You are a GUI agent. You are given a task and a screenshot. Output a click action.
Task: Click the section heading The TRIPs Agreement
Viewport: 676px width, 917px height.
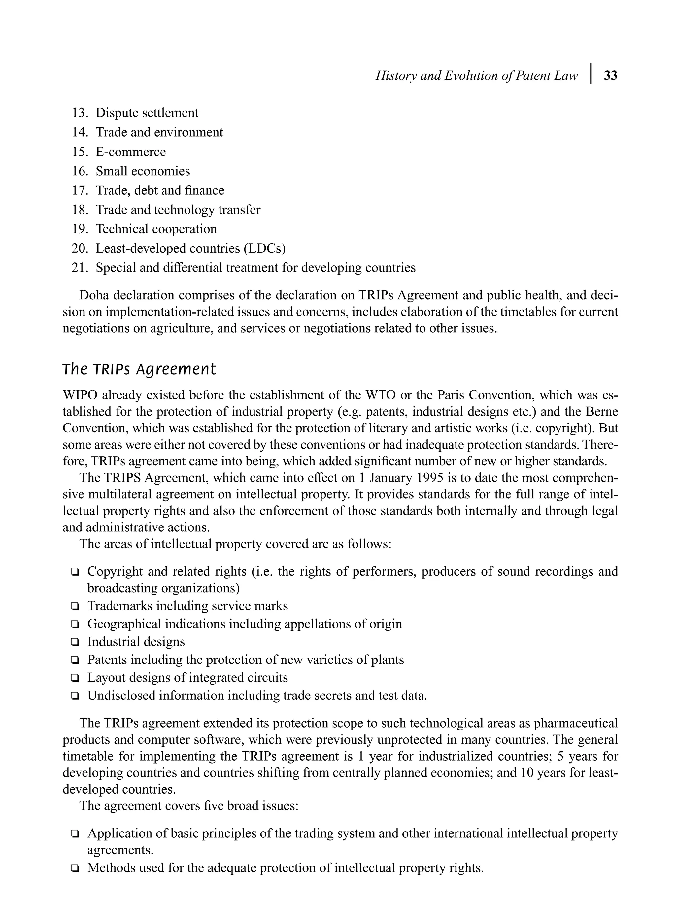(x=139, y=369)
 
